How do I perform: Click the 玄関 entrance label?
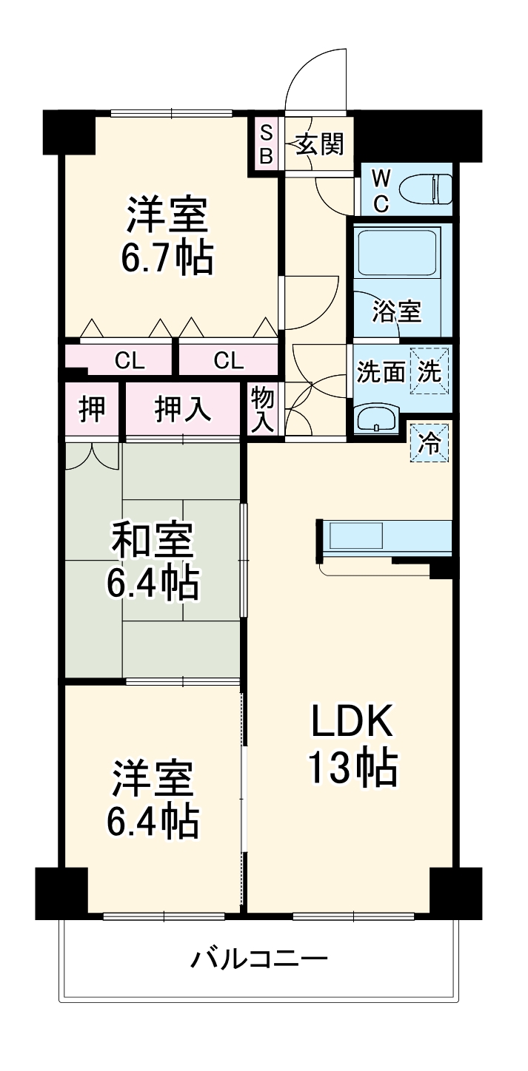(x=321, y=144)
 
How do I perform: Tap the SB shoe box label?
(x=266, y=144)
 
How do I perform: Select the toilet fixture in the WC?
(x=425, y=189)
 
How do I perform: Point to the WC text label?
(x=380, y=191)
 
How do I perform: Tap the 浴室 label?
(x=396, y=311)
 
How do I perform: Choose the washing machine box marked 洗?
(x=430, y=371)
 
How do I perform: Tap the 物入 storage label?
(x=262, y=408)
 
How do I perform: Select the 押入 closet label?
(x=182, y=410)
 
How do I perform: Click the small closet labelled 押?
(x=92, y=409)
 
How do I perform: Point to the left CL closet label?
(x=130, y=360)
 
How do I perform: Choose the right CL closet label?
(x=229, y=360)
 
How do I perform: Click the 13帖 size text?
(x=352, y=768)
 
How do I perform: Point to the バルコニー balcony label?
(x=259, y=960)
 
